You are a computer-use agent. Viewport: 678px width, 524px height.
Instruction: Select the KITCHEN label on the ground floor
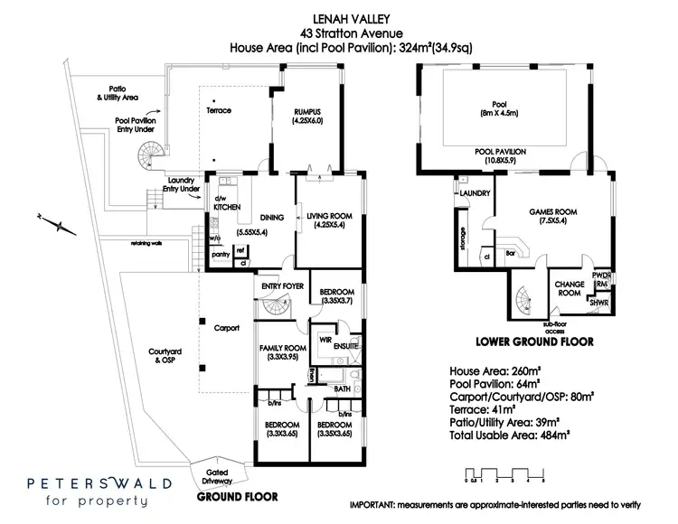(226, 207)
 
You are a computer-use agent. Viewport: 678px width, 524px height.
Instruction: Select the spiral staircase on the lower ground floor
(524, 297)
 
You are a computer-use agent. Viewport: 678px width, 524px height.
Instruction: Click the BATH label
(342, 388)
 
